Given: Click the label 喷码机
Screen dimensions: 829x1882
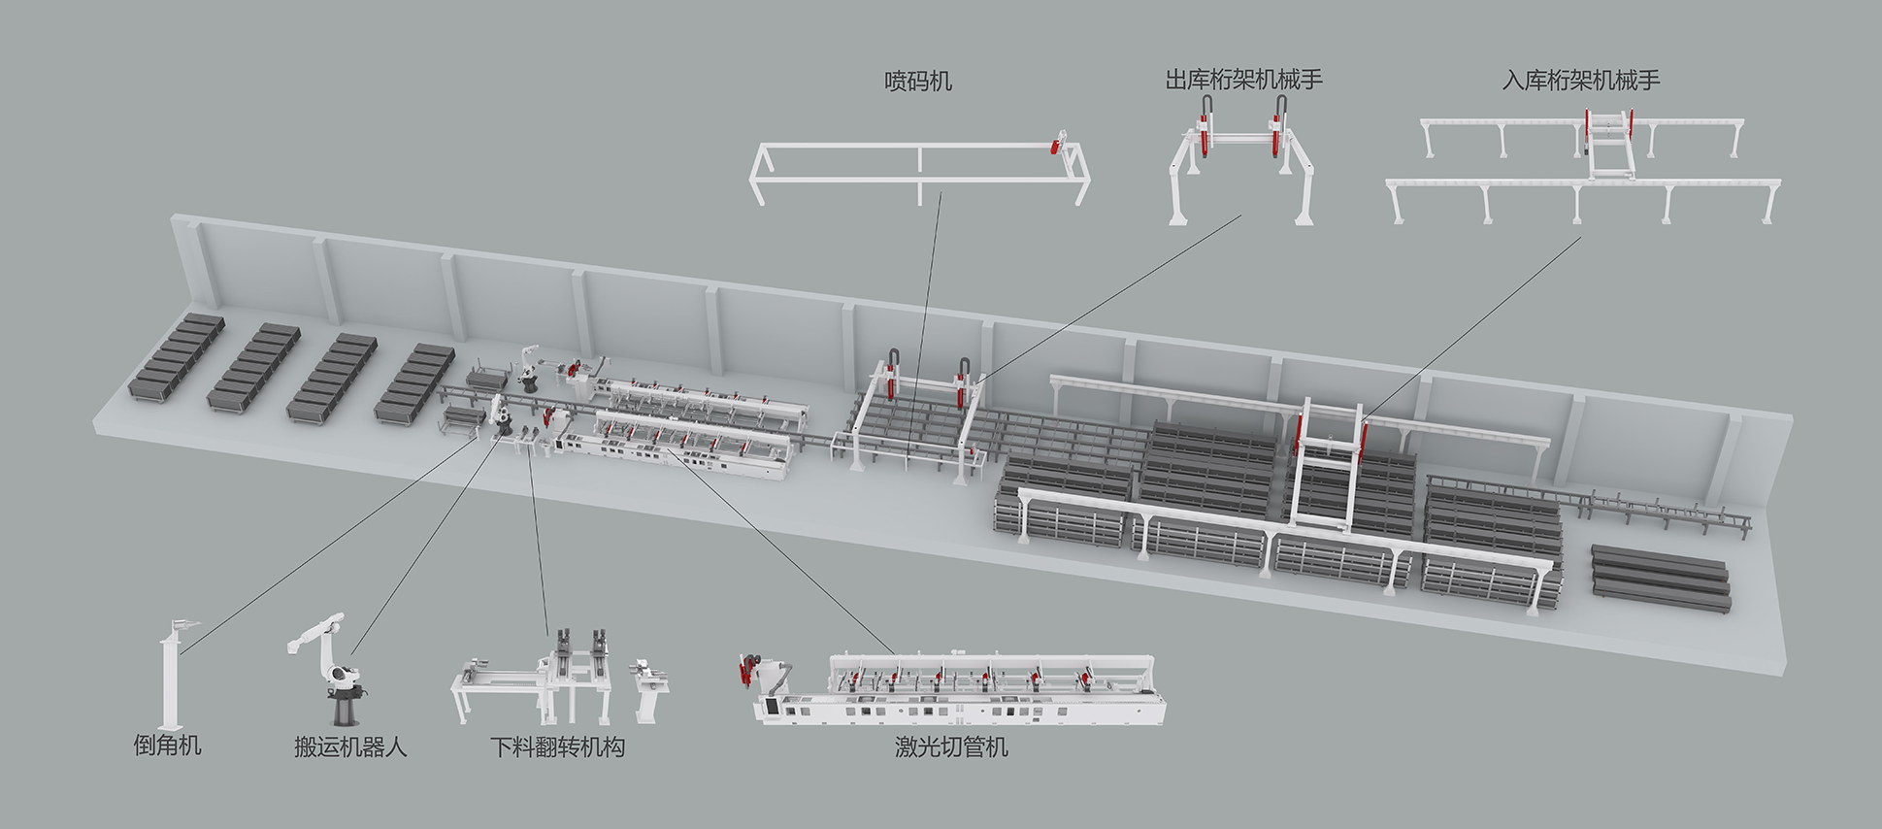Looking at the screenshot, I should [917, 82].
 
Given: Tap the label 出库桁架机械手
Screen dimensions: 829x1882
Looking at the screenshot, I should [1243, 80].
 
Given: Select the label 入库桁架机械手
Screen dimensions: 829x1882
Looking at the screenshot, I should [1580, 80].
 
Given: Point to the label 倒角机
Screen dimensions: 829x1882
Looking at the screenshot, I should [167, 746].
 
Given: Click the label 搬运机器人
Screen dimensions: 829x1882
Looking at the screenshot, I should [350, 746].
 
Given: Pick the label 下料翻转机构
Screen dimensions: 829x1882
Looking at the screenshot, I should [557, 746].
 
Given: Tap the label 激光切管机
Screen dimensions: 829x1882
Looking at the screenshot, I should [951, 746].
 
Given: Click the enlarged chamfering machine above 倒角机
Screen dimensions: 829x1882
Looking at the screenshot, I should [172, 675].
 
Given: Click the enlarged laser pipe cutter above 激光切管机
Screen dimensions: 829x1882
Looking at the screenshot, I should [956, 689].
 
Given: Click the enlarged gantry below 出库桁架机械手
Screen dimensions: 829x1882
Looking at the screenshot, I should [1242, 160].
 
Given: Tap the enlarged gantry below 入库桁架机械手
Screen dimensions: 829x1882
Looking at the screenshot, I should [1582, 165].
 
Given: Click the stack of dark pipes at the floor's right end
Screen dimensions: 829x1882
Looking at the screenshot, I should [1661, 578].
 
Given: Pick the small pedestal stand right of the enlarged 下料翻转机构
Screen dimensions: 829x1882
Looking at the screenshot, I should [648, 690].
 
